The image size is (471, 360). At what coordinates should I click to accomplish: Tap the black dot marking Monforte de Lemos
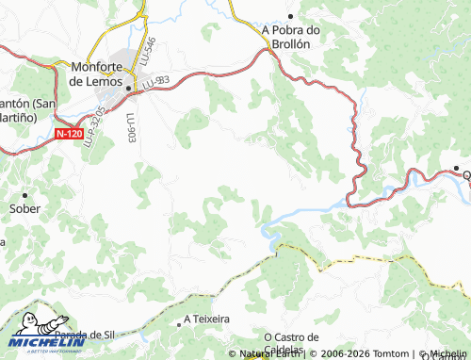pyautogui.click(x=127, y=89)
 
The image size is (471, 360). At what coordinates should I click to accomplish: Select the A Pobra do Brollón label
pyautogui.click(x=292, y=37)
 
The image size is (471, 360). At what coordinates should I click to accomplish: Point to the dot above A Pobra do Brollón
pyautogui.click(x=292, y=16)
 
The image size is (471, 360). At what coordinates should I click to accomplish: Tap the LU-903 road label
pyautogui.click(x=130, y=128)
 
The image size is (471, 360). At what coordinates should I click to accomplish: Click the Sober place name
pyautogui.click(x=24, y=208)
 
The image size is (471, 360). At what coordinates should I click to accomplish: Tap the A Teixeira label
pyautogui.click(x=206, y=319)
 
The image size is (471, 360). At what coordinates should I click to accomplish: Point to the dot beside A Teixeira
pyautogui.click(x=179, y=323)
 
